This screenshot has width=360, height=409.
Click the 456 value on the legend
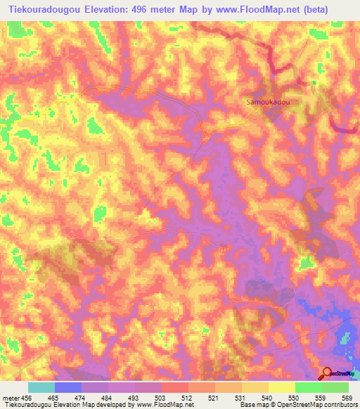[27, 398]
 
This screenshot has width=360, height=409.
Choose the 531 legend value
[217, 398]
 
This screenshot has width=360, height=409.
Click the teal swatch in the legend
[41, 387]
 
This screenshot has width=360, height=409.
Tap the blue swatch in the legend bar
[68, 387]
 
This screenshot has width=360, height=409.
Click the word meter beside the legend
[11, 398]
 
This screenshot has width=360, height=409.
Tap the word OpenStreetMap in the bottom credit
[290, 405]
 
